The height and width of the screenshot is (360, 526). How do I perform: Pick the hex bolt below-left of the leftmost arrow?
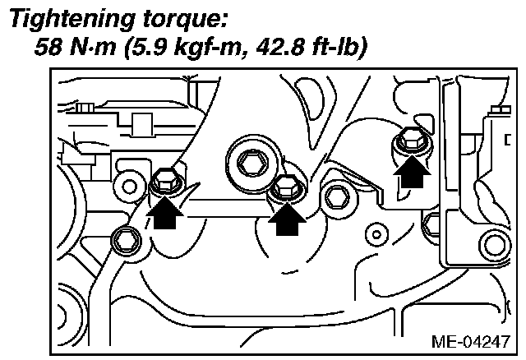125,239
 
